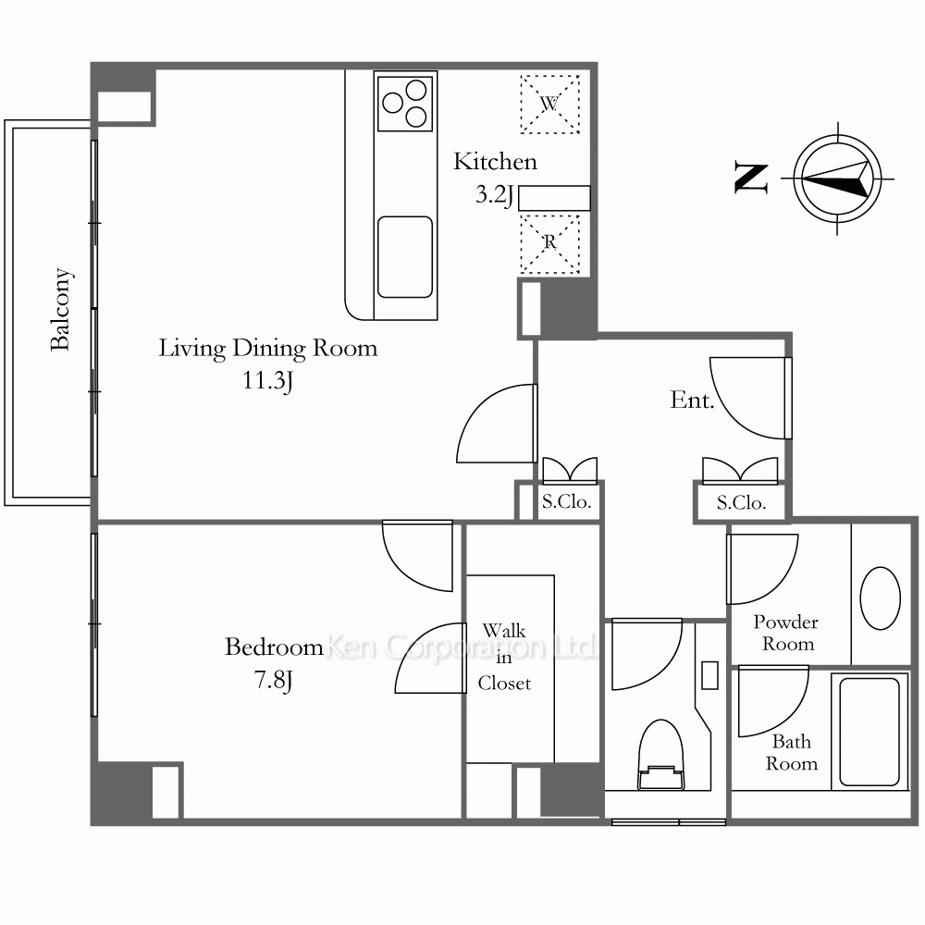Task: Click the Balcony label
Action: pyautogui.click(x=61, y=309)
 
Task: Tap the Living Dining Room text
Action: pyautogui.click(x=268, y=348)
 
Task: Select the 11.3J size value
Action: pyautogui.click(x=268, y=380)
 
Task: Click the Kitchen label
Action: pyautogui.click(x=495, y=162)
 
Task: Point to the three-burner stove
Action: pyautogui.click(x=405, y=104)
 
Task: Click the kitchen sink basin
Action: pyautogui.click(x=405, y=257)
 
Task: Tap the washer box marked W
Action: pyautogui.click(x=549, y=105)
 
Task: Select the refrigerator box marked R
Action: pyautogui.click(x=549, y=243)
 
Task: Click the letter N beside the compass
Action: pyautogui.click(x=751, y=179)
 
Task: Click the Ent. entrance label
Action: pyautogui.click(x=692, y=401)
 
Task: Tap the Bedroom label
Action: pyautogui.click(x=274, y=647)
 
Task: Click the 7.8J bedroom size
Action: pyautogui.click(x=274, y=680)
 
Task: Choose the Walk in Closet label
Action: pyautogui.click(x=504, y=657)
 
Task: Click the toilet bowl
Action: pyautogui.click(x=661, y=755)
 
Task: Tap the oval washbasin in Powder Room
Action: pyautogui.click(x=881, y=598)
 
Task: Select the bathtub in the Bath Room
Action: pyautogui.click(x=869, y=732)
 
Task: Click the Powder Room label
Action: pyautogui.click(x=786, y=633)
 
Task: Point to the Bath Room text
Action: pyautogui.click(x=792, y=752)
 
